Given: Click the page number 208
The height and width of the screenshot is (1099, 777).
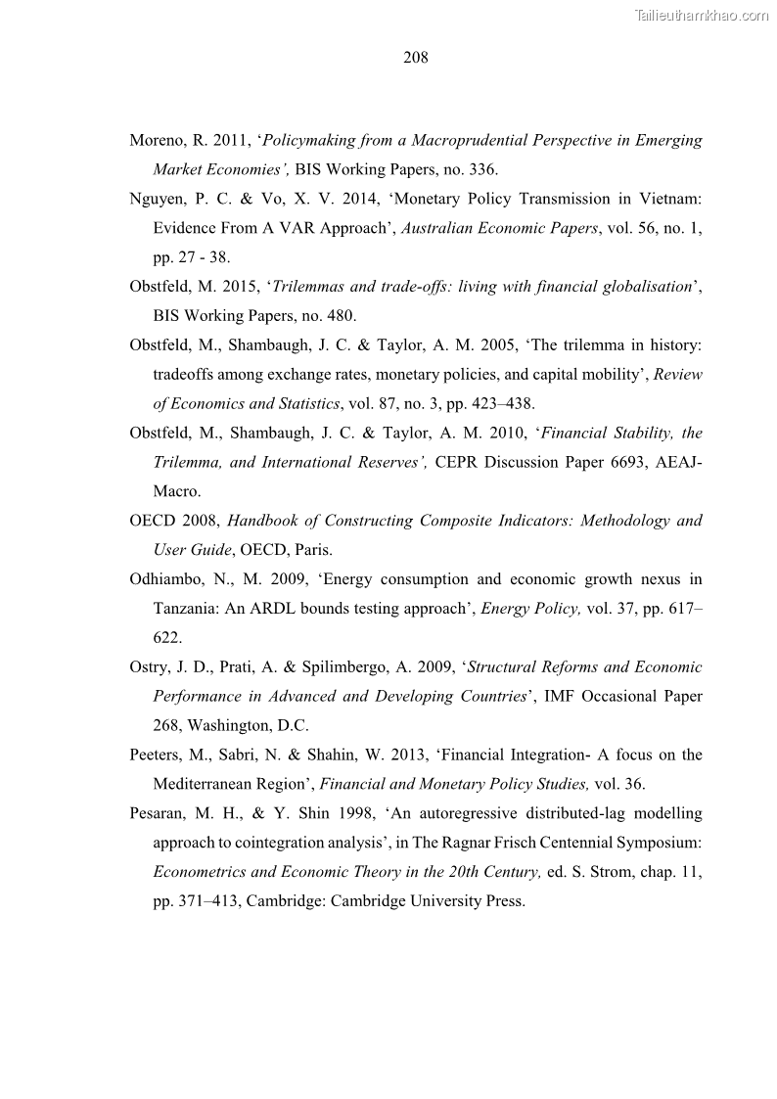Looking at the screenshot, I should point(415,58).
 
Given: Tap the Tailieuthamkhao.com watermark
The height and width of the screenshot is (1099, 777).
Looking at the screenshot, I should point(702,15).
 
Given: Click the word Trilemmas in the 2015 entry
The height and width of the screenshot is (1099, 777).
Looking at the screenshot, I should point(305,287).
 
